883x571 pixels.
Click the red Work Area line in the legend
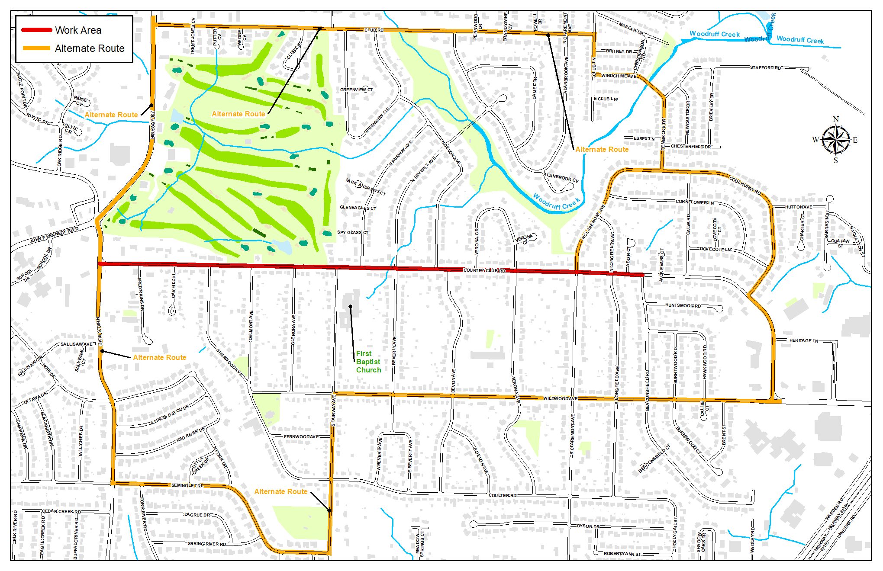coord(36,30)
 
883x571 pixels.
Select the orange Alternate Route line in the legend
coord(36,48)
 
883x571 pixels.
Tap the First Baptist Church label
coord(368,362)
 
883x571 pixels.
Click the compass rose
coord(836,140)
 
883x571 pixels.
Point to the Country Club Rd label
coord(484,270)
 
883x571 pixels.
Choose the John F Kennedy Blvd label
coord(55,235)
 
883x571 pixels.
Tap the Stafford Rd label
coord(765,67)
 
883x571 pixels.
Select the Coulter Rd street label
coord(503,495)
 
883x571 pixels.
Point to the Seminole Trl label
coord(187,485)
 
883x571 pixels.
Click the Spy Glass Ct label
coord(352,232)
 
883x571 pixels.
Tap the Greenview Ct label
coord(356,90)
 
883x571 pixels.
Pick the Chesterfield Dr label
coord(690,146)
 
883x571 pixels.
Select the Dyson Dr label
coord(588,526)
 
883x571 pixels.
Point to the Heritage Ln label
coord(803,340)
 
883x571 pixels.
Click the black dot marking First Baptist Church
coord(350,307)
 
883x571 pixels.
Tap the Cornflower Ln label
coord(694,202)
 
